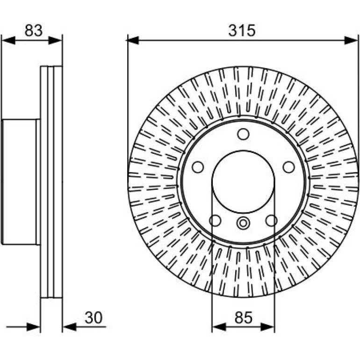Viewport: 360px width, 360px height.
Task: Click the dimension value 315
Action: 242,30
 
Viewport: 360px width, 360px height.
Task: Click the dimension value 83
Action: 34,30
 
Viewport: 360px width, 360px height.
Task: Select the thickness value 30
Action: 94,318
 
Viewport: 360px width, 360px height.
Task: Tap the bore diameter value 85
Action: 244,318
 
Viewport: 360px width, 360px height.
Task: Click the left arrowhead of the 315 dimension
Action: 133,40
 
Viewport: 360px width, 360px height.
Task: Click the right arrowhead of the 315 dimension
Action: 351,40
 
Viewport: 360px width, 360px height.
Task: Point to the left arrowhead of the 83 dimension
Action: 8,40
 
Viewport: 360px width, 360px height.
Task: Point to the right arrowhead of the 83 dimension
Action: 55,40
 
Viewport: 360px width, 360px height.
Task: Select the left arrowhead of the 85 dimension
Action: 219,327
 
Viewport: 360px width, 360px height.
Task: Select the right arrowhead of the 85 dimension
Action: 268,327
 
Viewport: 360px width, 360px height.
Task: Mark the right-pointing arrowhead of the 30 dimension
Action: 34,327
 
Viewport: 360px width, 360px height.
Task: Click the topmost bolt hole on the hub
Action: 244,134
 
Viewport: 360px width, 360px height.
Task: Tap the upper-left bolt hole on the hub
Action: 198,167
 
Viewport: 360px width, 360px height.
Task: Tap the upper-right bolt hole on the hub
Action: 289,167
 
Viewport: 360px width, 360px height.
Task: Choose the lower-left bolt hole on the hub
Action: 216,220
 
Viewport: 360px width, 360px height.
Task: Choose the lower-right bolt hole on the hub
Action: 272,220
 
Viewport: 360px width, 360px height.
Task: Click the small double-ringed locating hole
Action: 243,223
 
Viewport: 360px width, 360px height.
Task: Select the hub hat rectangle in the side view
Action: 21,182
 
